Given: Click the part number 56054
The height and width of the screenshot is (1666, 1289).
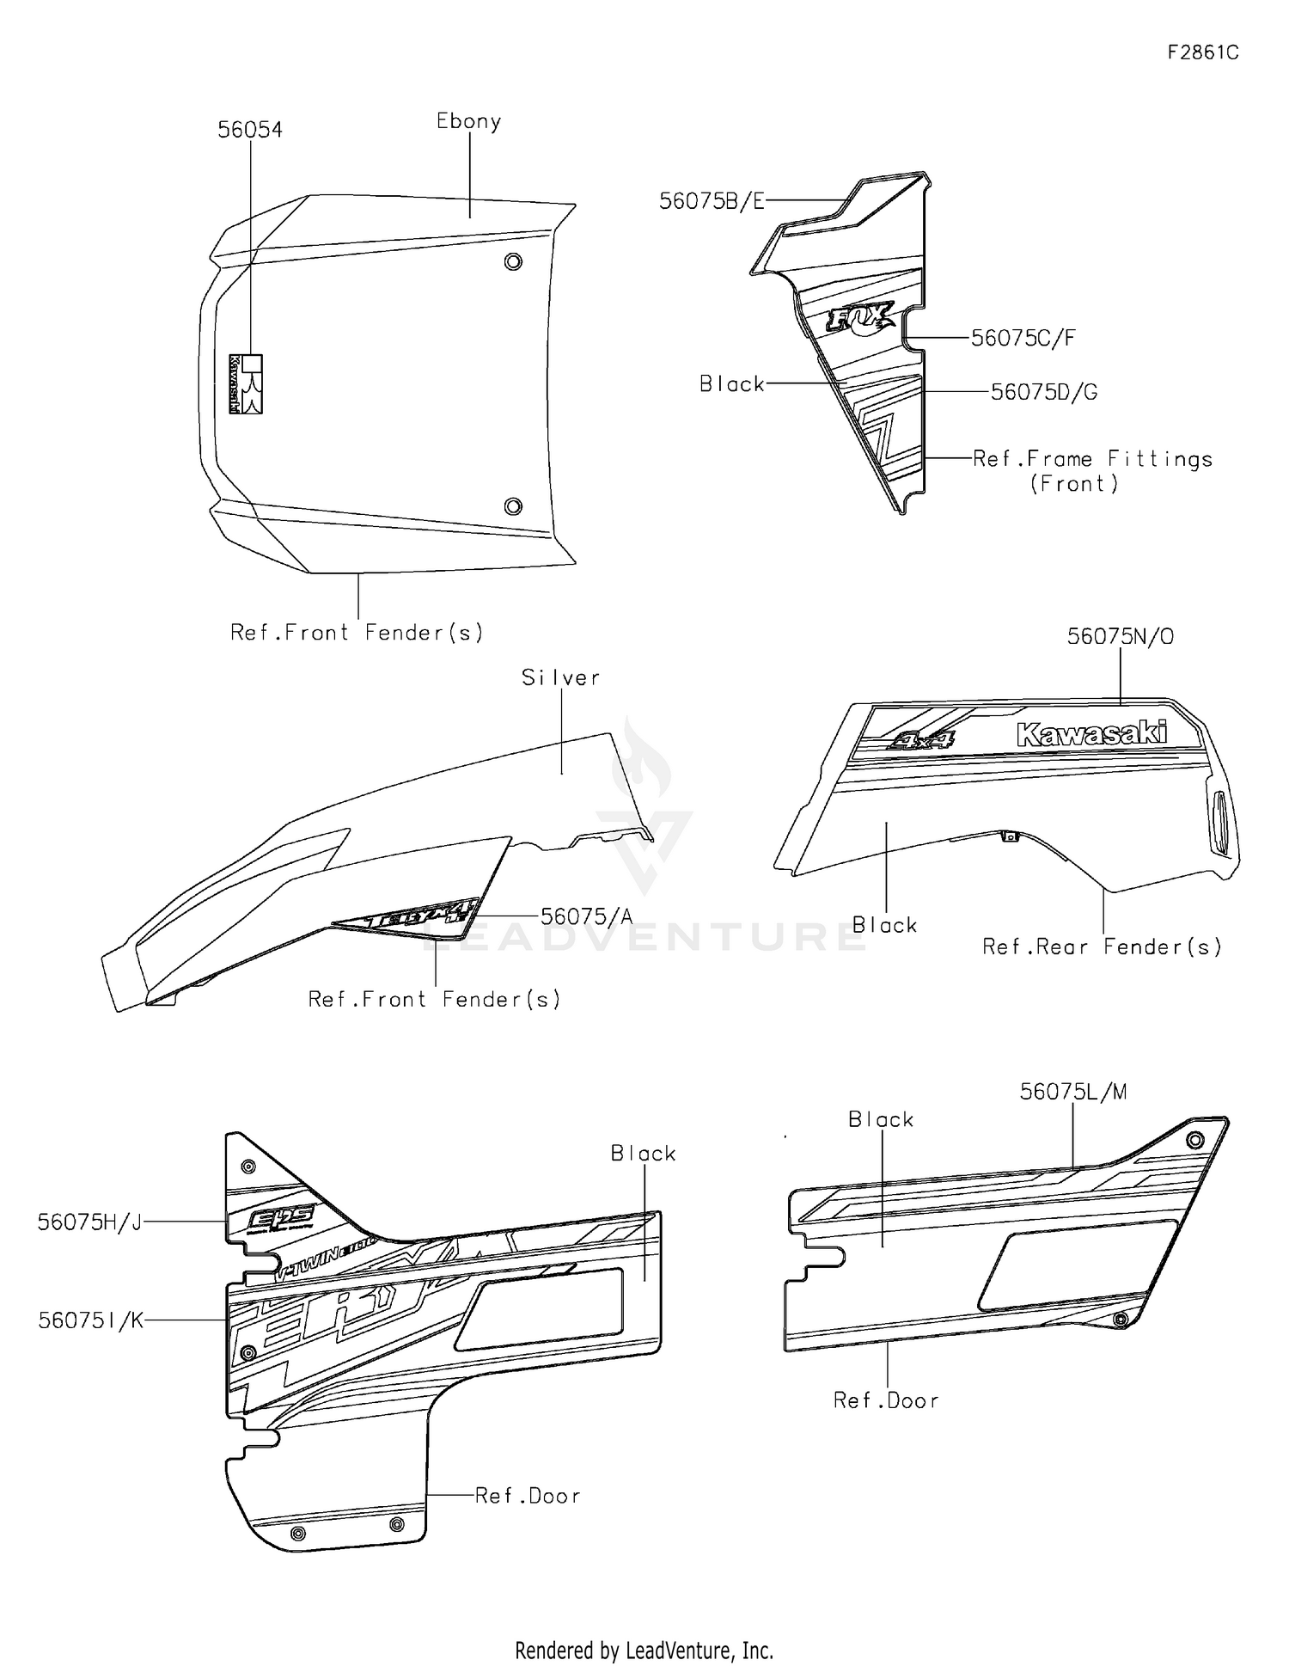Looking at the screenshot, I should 249,130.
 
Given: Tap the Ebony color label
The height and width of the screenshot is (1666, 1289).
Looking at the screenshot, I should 468,121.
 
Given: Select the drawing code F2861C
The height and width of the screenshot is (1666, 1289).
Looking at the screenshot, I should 1202,52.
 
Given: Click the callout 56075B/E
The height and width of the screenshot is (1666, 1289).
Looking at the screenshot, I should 711,201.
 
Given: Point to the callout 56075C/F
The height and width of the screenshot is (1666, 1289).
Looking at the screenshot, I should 1023,339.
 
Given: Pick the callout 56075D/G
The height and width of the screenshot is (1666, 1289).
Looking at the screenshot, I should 1043,393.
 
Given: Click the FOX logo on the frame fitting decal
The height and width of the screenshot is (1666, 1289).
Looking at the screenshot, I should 859,319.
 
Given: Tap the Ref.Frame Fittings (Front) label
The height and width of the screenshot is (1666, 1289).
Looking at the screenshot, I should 1091,471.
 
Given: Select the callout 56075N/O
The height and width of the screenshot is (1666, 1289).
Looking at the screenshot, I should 1120,636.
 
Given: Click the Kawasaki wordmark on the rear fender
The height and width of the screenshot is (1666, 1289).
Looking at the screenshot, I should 1091,733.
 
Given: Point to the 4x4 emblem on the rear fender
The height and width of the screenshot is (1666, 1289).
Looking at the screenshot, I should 920,739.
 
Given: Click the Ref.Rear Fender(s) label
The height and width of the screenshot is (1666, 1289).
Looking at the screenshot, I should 1102,947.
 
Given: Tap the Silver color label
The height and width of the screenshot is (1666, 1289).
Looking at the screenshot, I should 560,678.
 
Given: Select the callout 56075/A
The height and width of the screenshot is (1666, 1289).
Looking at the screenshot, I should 586,917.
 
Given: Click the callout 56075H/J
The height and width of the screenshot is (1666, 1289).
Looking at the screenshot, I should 89,1222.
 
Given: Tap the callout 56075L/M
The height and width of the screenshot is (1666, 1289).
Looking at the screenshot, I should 1072,1092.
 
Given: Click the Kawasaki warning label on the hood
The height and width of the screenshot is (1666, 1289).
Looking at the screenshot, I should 245,384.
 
